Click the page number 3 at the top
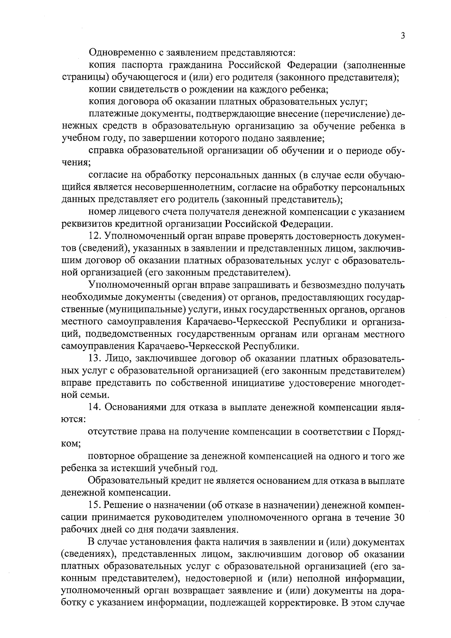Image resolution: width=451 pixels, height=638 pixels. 403,36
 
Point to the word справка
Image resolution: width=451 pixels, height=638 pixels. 107,151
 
